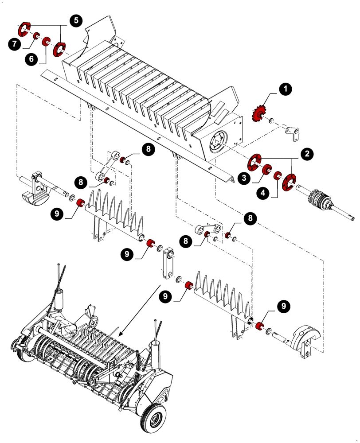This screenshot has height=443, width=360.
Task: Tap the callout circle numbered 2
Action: (x=306, y=154)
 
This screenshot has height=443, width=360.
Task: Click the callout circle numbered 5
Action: (x=76, y=20)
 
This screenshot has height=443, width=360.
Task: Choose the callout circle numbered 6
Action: (x=30, y=59)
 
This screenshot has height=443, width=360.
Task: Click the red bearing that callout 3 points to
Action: (x=267, y=170)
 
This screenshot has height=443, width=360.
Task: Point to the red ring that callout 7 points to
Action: (x=36, y=36)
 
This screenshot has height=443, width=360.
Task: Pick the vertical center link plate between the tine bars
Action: (x=168, y=265)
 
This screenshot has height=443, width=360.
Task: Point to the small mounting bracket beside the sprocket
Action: (x=291, y=133)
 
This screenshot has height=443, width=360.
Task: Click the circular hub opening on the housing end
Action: (x=217, y=143)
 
